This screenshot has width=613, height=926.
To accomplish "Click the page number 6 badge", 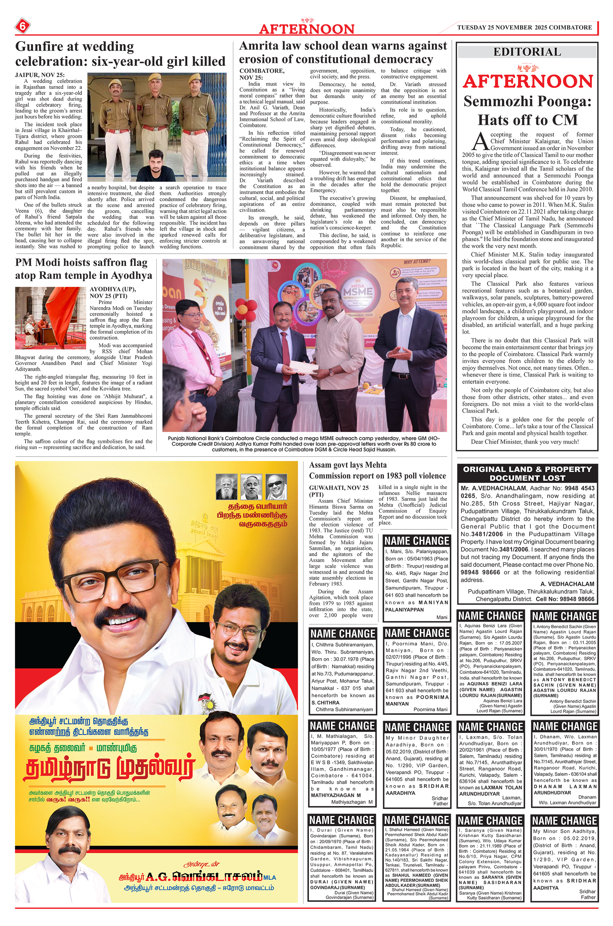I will tap(22, 27).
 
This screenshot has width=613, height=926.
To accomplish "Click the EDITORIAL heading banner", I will tap(526, 52).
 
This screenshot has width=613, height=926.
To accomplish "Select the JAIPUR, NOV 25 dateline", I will tap(40, 75).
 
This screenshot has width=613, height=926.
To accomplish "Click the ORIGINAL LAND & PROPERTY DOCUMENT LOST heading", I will tap(527, 473).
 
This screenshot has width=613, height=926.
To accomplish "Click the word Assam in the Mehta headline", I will tap(320, 465).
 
